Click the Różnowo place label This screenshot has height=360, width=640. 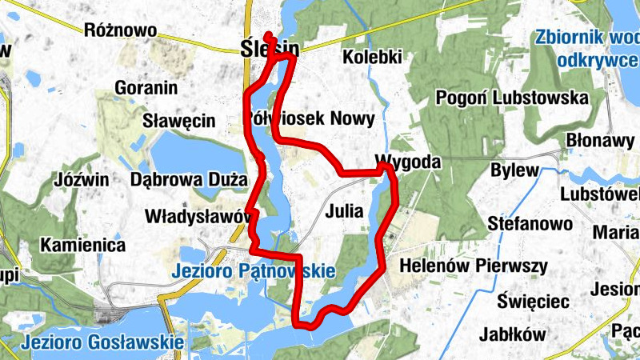coord(119,30)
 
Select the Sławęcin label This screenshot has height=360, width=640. coord(179,122)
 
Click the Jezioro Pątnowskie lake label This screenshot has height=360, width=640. coord(253,272)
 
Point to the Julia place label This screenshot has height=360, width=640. coord(345,212)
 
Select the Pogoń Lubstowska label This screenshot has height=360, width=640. coord(512,98)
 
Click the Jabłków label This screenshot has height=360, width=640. coord(513,334)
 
